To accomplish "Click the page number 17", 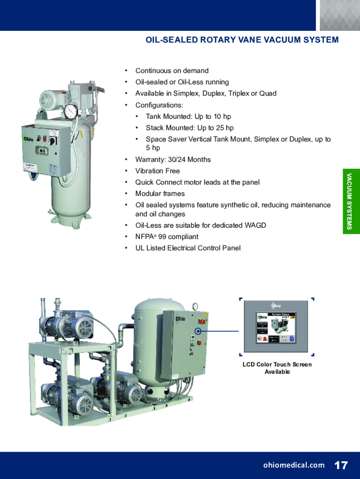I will coord(341,465).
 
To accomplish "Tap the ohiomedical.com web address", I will coord(294,465).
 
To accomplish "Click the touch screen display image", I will coord(276,326).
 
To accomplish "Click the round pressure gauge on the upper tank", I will coord(71,111).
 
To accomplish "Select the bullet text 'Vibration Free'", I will coord(158,171).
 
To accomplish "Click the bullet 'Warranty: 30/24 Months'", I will coord(173,160).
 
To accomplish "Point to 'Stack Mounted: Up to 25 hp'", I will coord(189,128).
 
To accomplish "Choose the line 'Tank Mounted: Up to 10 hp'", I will coord(188,116).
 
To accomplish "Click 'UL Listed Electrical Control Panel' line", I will coord(188,248).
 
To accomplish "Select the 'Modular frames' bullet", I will coord(160,194).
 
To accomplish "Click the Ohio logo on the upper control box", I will coord(29,139).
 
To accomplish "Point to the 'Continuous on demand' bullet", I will coord(172,71).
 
